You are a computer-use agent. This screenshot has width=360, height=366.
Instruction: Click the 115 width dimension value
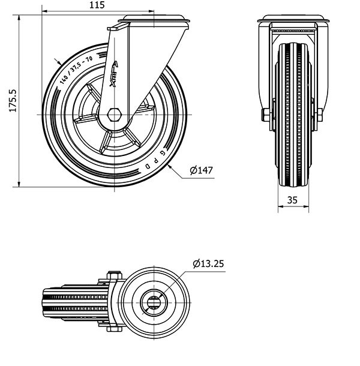(97, 5)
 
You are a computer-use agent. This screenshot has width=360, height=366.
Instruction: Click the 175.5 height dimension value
(13, 101)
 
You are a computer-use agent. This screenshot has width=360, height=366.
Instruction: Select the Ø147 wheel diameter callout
(201, 170)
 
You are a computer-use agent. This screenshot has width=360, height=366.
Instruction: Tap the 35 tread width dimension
(292, 200)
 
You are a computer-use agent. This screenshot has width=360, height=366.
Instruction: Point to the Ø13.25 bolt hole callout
(208, 263)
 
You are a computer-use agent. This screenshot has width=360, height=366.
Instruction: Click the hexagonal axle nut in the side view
(115, 115)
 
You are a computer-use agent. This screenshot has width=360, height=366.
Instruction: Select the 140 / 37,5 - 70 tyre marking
(76, 70)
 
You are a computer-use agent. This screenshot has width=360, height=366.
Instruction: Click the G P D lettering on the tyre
(156, 160)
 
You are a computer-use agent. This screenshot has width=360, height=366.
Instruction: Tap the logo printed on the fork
(114, 74)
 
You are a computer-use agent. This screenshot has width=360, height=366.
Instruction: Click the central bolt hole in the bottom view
(154, 303)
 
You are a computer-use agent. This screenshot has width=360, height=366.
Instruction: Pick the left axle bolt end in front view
(265, 115)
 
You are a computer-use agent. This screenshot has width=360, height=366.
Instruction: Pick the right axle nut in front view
(320, 115)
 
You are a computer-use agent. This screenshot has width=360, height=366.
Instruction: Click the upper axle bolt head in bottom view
(115, 275)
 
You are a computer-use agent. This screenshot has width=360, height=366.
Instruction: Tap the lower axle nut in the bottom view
(115, 329)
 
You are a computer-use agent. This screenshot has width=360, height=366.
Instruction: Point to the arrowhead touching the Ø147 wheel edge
(169, 166)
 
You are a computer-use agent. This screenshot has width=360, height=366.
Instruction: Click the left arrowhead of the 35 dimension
(281, 206)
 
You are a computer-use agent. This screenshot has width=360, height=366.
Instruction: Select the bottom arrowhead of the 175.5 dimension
(19, 184)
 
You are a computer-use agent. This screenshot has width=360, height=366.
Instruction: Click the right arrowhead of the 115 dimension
(151, 11)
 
